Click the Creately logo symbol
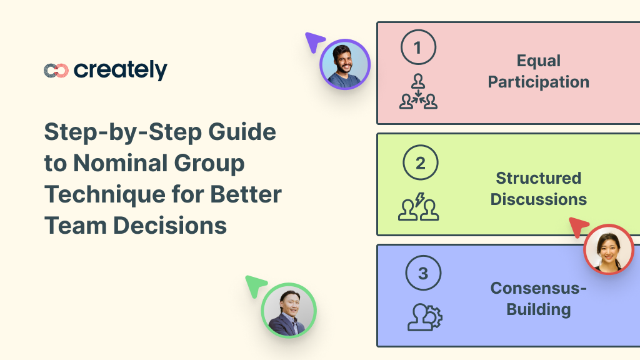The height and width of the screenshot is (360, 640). [56, 71]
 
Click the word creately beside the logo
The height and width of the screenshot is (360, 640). [121, 70]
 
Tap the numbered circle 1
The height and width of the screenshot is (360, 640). [417, 47]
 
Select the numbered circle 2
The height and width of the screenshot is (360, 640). [420, 164]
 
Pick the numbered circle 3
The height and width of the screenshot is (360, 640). [423, 274]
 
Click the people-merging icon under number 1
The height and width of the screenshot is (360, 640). [418, 92]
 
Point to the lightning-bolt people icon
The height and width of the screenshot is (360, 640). [419, 207]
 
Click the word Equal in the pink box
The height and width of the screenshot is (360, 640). [539, 61]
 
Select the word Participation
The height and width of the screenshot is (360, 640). [539, 82]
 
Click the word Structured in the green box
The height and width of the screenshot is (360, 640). [539, 178]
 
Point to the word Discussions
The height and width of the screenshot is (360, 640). [539, 199]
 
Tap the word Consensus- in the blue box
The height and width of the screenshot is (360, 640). [539, 289]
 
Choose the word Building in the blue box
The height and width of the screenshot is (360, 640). [539, 309]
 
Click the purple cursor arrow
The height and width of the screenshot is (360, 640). [314, 42]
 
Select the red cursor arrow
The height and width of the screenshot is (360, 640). [578, 227]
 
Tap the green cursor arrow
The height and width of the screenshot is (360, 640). [255, 286]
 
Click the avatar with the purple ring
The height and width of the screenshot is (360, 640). [345, 65]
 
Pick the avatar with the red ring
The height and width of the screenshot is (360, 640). [609, 249]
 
